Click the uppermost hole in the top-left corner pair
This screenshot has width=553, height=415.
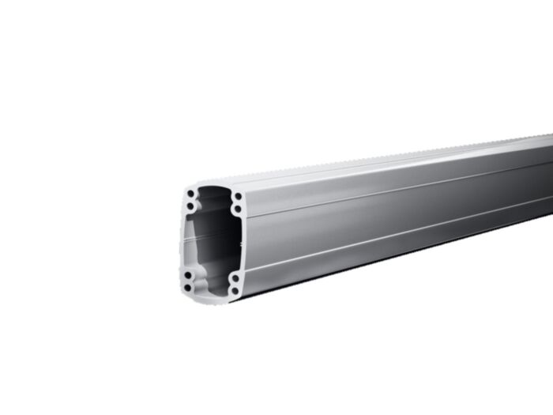coord(190,194)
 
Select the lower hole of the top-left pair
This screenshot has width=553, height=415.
coord(190,206)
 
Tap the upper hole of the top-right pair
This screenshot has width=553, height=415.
coord(237,196)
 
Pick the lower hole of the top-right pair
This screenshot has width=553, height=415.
coord(237,209)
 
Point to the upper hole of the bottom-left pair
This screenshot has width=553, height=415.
coord(188,275)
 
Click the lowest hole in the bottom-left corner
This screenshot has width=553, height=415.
coord(188,287)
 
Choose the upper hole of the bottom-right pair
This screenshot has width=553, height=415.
coord(235,278)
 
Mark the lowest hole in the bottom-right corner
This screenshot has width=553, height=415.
coord(235,290)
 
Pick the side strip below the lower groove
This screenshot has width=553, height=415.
coord(395,253)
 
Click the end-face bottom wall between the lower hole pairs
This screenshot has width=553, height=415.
coord(212,295)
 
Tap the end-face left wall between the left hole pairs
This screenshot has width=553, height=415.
coord(184,241)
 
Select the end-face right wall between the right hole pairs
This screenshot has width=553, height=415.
coord(240,243)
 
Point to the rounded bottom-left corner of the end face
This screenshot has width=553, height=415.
coord(184,292)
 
